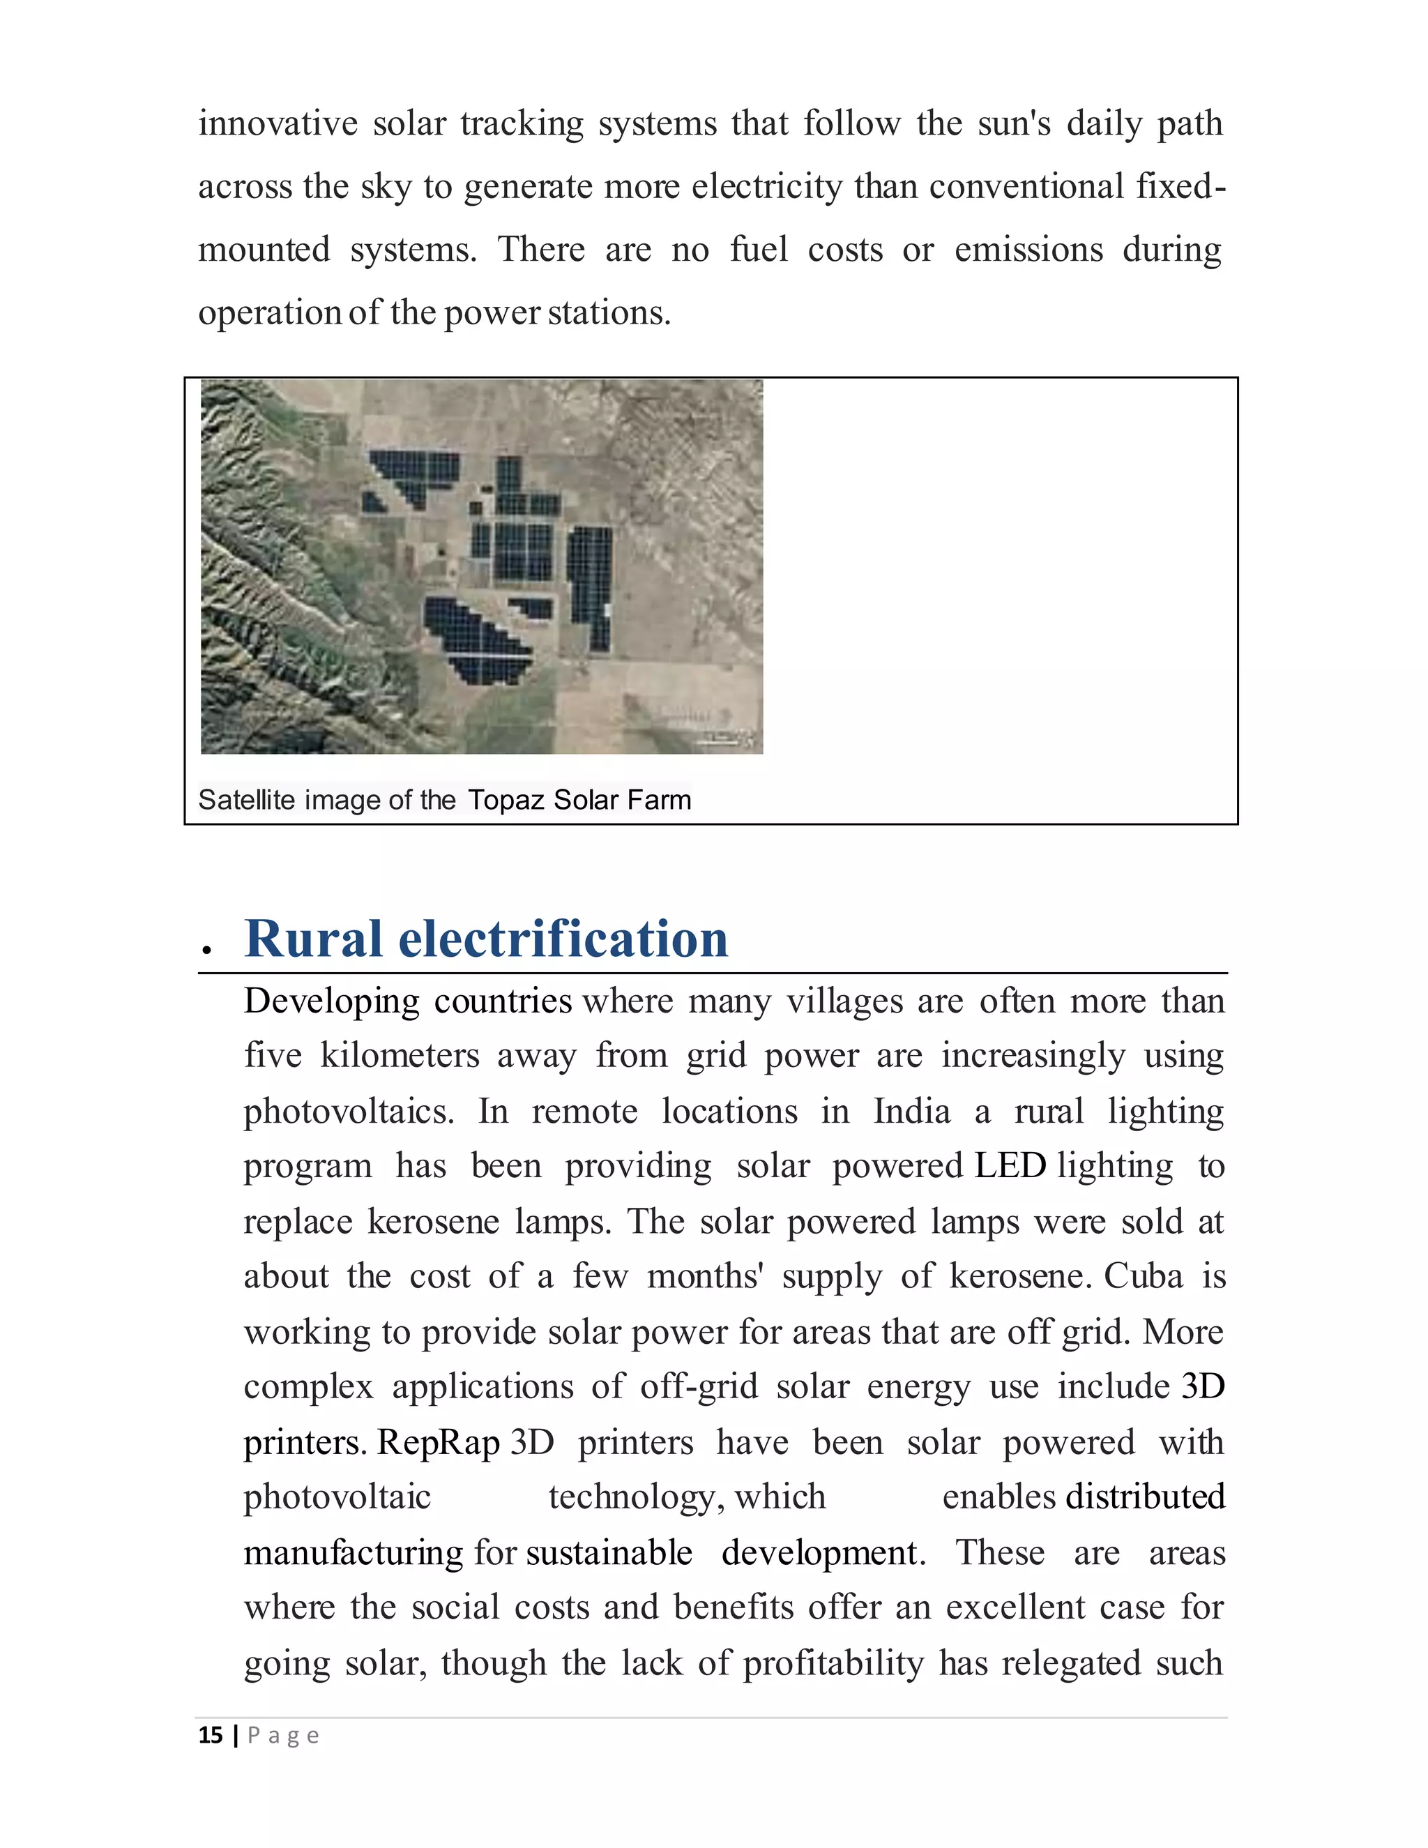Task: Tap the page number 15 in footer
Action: tap(210, 1736)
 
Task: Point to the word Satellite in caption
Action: tap(246, 800)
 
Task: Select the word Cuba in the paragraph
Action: tap(1143, 1276)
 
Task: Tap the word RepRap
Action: tap(438, 1442)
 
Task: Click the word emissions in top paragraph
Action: tap(1028, 250)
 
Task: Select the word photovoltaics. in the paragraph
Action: tap(349, 1112)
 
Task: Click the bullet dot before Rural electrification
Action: tap(206, 951)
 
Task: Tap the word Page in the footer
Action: tap(282, 1736)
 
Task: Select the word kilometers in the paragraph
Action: tap(400, 1056)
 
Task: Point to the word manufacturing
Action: tap(353, 1553)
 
